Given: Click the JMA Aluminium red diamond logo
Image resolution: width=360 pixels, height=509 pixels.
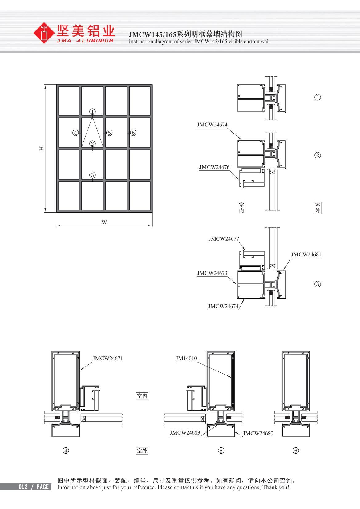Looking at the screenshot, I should [x=43, y=32].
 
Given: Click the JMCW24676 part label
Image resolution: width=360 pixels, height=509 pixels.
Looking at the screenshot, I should [x=214, y=167].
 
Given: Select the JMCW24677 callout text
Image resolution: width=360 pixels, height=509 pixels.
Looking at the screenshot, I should [x=224, y=239].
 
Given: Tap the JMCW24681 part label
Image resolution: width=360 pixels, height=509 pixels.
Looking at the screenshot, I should [x=306, y=254].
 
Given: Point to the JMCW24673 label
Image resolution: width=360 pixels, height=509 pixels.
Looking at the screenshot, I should [x=212, y=273].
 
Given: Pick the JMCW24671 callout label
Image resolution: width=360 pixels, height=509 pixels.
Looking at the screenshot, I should [x=107, y=358].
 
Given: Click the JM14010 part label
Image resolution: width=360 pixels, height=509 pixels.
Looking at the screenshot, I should [x=186, y=358].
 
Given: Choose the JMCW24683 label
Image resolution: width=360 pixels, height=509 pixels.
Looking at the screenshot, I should [x=184, y=432].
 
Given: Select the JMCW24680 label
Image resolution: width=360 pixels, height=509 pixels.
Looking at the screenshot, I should [x=258, y=433].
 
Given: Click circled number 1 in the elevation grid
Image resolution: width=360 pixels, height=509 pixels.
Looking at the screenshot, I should [x=92, y=111].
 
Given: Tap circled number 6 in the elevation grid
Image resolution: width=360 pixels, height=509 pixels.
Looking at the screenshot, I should [x=133, y=133].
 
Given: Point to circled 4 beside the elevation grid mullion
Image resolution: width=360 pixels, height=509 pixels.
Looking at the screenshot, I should [x=75, y=133].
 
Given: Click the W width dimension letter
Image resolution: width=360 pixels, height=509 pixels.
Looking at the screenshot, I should [x=104, y=222].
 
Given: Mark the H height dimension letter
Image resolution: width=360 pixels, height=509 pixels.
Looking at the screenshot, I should [x=42, y=148].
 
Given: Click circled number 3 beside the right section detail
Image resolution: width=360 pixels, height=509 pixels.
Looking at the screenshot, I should [x=318, y=284].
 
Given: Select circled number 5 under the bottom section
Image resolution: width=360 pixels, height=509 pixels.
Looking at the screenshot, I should [x=221, y=451].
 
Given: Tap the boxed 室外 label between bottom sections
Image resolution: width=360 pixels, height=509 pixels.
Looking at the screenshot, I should [x=142, y=451].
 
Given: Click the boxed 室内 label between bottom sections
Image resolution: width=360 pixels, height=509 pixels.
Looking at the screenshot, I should [x=142, y=396].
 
